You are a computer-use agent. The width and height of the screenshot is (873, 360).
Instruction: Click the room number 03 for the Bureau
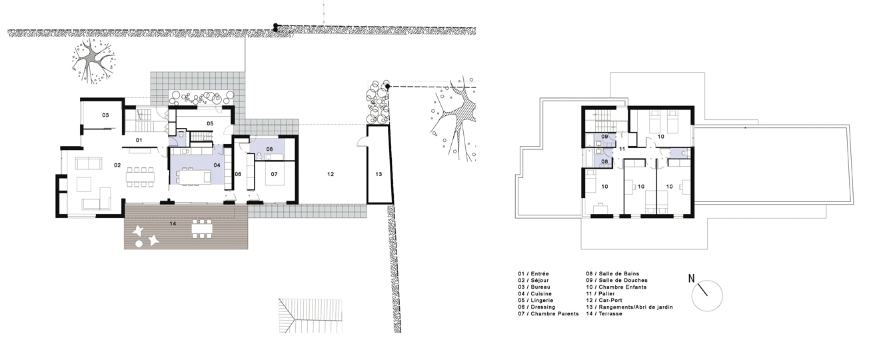pyautogui.click(x=105, y=115)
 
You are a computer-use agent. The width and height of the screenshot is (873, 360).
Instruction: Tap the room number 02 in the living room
pyautogui.click(x=117, y=165)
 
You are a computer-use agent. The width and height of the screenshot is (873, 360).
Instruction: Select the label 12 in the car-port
pyautogui.click(x=331, y=175)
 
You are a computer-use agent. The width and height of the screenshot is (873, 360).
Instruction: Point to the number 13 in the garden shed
pyautogui.click(x=379, y=175)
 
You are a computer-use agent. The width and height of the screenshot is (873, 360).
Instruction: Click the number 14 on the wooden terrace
pyautogui.click(x=173, y=223)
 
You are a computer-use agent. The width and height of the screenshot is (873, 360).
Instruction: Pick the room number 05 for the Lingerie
pyautogui.click(x=210, y=123)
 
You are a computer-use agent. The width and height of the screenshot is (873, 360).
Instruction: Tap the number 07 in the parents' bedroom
pyautogui.click(x=275, y=174)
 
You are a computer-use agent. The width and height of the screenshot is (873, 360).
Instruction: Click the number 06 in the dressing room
pyautogui.click(x=238, y=174)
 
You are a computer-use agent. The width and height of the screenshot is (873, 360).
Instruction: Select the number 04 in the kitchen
pyautogui.click(x=217, y=165)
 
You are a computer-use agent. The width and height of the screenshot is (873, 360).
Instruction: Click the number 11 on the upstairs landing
pyautogui.click(x=622, y=149)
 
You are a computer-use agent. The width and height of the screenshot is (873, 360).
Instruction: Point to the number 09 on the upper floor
pyautogui.click(x=604, y=137)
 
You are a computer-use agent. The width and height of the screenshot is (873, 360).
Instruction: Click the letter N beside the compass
pyautogui.click(x=691, y=279)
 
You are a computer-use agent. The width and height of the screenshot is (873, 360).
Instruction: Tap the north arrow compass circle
pyautogui.click(x=707, y=295)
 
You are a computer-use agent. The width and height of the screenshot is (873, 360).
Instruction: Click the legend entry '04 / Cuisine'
pyautogui.click(x=534, y=294)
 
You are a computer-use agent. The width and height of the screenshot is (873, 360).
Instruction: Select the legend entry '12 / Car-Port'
pyautogui.click(x=604, y=300)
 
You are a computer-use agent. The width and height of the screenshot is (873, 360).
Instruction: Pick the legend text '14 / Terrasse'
pyautogui.click(x=604, y=313)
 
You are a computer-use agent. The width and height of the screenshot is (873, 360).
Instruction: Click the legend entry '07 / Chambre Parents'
pyautogui.click(x=548, y=313)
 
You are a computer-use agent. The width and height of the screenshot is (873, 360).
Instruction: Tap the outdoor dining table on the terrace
pyautogui.click(x=202, y=228)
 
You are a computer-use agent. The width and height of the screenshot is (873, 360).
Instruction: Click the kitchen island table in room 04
pyautogui.click(x=195, y=176)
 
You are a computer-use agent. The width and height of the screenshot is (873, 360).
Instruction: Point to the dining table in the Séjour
pyautogui.click(x=140, y=177)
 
